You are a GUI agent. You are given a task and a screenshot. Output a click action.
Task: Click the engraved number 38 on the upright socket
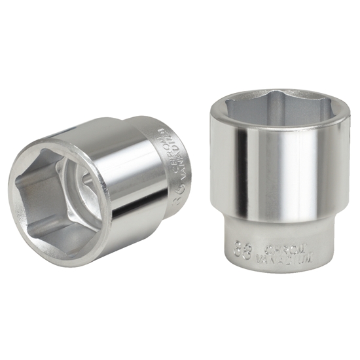241,250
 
